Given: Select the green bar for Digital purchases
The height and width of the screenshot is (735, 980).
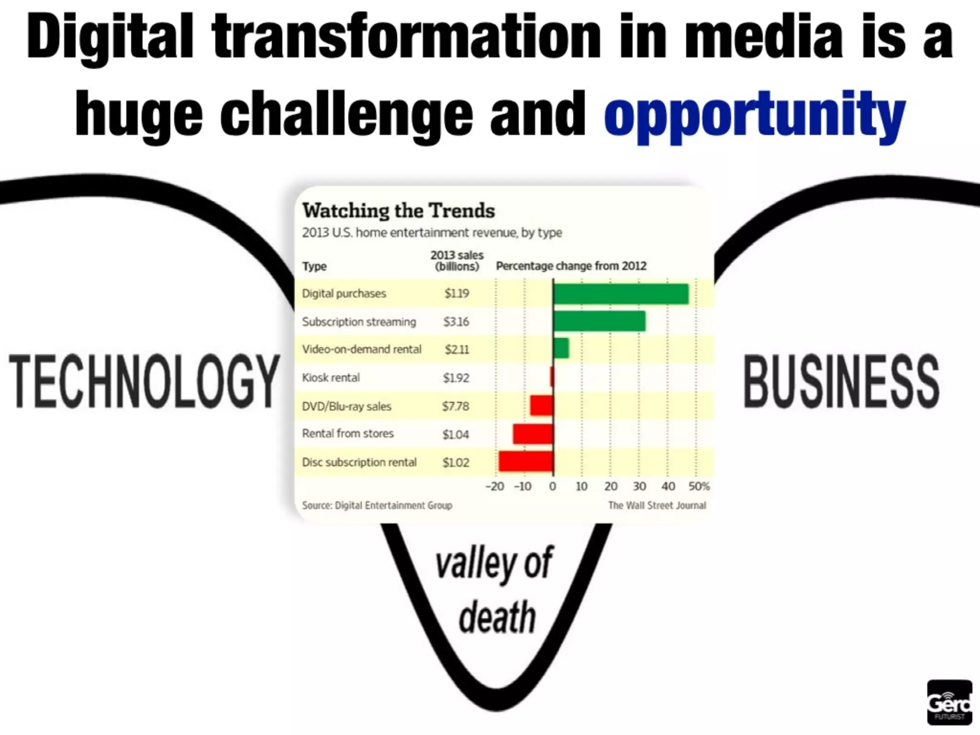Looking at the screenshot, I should (621, 294).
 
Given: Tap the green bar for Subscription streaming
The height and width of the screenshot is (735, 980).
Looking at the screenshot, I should (599, 321).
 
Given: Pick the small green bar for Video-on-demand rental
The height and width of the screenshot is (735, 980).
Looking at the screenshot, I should (561, 348).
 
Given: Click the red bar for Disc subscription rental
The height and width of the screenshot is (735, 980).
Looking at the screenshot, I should (525, 461).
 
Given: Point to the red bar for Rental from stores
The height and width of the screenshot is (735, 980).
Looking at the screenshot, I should (533, 434).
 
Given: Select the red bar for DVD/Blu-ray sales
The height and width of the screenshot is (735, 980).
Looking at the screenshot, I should (541, 406).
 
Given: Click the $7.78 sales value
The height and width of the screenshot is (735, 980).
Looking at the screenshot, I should (456, 406).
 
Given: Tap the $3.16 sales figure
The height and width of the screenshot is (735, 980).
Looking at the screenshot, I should (456, 322).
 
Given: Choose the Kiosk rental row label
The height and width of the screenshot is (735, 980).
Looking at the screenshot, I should (331, 378).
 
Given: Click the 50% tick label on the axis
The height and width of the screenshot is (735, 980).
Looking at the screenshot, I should (699, 487).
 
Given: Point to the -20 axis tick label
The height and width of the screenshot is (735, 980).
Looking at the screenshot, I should (495, 487).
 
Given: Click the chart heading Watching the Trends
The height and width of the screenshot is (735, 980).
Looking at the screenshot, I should (399, 211).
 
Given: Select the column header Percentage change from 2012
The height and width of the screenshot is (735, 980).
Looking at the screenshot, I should (571, 266).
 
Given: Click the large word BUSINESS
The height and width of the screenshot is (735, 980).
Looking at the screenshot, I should (841, 381).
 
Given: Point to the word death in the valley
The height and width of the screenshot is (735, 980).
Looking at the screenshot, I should (497, 617).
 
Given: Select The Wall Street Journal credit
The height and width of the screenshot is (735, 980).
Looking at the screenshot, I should (657, 505).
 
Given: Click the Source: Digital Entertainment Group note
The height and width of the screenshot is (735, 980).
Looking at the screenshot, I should (377, 505).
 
